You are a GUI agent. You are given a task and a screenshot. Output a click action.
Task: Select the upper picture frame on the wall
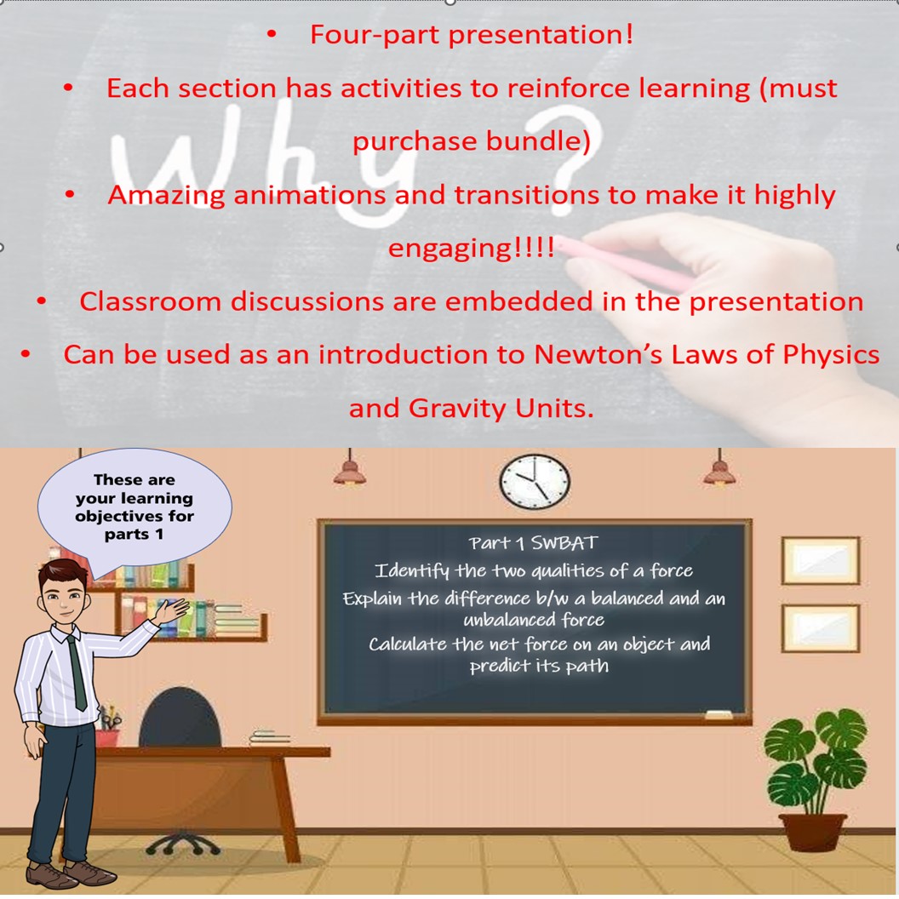pyautogui.click(x=821, y=561)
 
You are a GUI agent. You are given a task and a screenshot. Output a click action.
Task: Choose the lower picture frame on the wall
pyautogui.click(x=821, y=628)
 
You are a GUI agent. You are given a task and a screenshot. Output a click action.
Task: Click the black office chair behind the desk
pyautogui.click(x=179, y=719)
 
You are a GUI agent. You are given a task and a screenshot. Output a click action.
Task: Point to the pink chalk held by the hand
pyautogui.click(x=621, y=261)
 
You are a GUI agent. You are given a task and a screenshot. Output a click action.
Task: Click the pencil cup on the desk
pyautogui.click(x=109, y=732)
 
